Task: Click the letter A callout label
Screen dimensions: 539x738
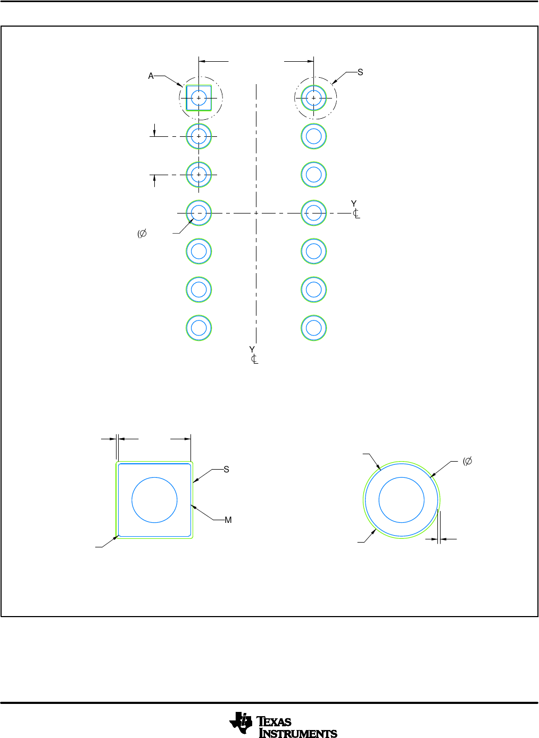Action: pos(151,76)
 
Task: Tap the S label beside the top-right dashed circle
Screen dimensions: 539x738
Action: pos(360,72)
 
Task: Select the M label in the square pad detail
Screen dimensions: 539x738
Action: pos(228,520)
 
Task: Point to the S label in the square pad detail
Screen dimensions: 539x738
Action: pos(226,470)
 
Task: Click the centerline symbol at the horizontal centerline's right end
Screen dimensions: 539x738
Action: pos(356,214)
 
